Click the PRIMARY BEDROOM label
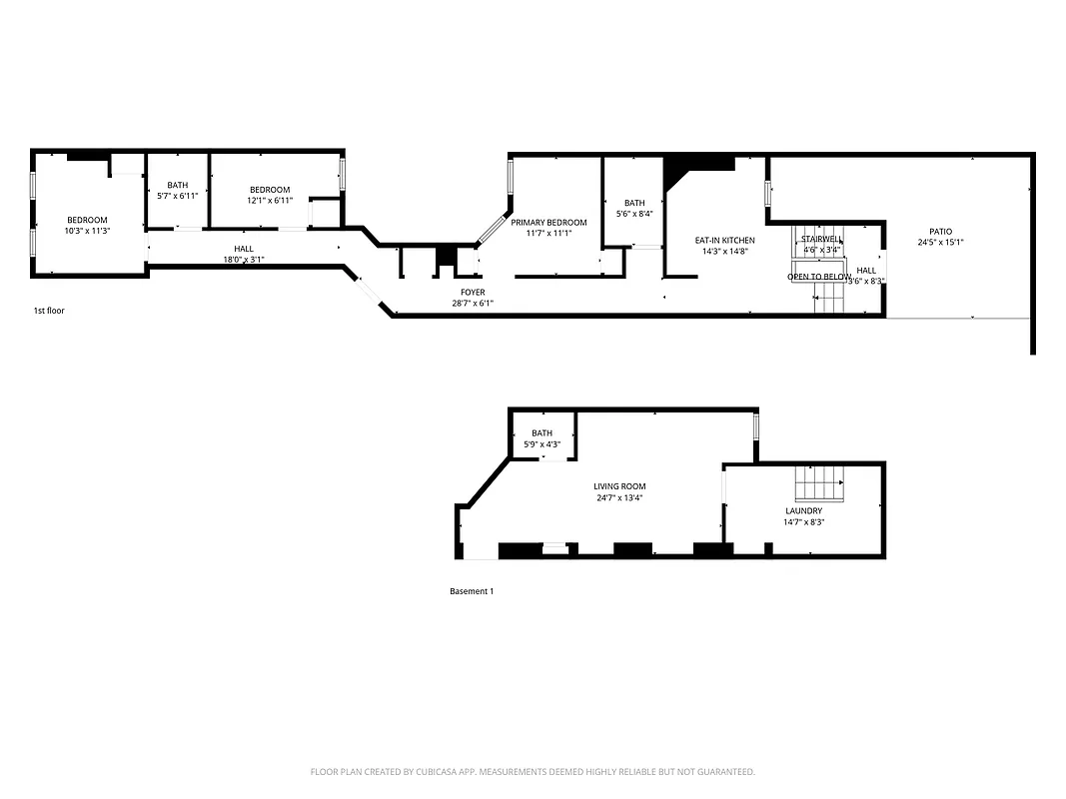tap(548, 223)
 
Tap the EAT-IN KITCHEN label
tap(724, 241)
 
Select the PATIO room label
tap(940, 232)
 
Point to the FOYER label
tap(473, 293)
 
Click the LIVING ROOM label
tap(619, 486)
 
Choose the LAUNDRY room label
tap(803, 510)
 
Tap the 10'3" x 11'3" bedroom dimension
tap(87, 231)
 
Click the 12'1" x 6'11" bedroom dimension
tap(270, 201)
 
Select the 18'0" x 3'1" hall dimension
tap(244, 260)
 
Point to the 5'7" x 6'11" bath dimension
tap(177, 196)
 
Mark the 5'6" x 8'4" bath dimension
tap(634, 214)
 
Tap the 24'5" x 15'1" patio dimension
tap(940, 243)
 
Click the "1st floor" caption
tap(49, 311)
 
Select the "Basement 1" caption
tap(472, 591)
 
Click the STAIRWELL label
tap(821, 239)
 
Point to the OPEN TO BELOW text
tap(819, 277)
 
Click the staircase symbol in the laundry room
tap(820, 485)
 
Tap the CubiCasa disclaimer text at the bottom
tap(533, 772)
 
